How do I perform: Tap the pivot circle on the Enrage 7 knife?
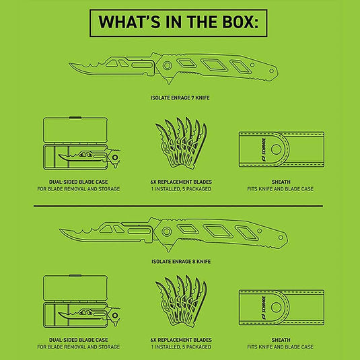pos(167,66)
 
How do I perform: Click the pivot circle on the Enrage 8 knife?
pos(166,231)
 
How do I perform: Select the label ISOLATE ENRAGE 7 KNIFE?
pos(180,98)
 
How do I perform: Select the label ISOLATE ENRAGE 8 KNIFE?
pos(181,262)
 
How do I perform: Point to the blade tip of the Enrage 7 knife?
pos(69,64)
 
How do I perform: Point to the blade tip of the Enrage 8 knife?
pos(60,229)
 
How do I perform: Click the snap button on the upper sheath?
pos(276,149)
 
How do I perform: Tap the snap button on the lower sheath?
pos(276,308)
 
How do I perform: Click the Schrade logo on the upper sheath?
pos(263,149)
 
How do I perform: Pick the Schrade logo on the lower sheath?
pos(263,308)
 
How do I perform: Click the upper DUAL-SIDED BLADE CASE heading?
pos(79,182)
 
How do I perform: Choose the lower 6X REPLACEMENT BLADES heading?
pos(181,340)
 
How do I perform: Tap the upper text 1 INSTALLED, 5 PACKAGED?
pos(181,189)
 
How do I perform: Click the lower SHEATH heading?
pos(281,340)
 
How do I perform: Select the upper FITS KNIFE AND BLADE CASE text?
pos(281,189)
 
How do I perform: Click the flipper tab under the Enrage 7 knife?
pos(168,80)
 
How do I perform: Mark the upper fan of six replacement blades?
pos(181,143)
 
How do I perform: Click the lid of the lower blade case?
pos(75,289)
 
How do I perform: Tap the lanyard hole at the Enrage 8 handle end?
pos(281,237)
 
